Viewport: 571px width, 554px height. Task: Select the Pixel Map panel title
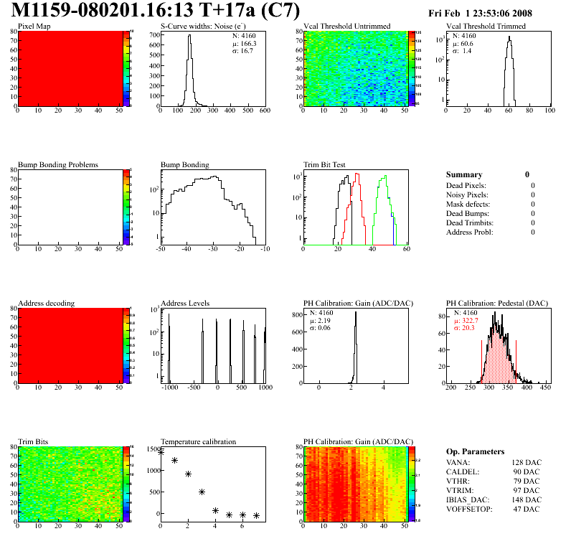click(x=34, y=27)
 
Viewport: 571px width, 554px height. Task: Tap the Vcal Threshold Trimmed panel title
click(x=486, y=27)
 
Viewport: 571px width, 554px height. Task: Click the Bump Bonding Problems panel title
click(x=57, y=165)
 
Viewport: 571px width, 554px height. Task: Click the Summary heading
click(x=464, y=174)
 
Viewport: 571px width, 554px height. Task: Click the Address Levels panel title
click(x=185, y=304)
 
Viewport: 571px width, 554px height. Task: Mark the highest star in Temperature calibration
click(x=161, y=452)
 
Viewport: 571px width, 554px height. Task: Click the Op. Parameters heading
click(x=476, y=451)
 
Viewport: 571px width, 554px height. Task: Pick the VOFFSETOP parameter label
click(x=469, y=509)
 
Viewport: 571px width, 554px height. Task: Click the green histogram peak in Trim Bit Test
click(x=386, y=177)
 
